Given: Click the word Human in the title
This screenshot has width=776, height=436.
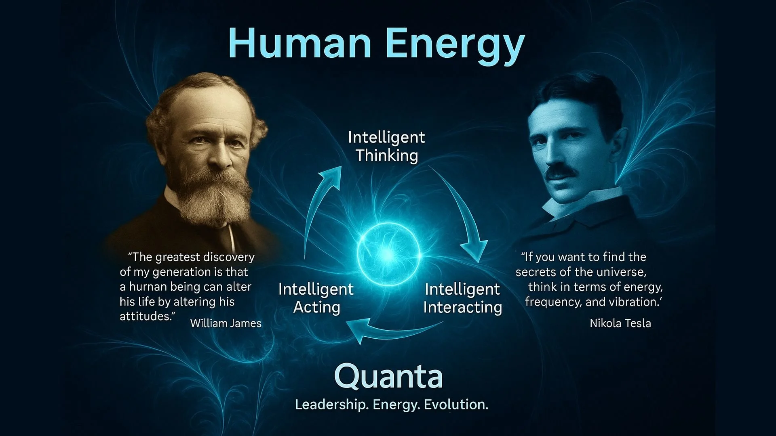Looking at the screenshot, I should [x=299, y=44].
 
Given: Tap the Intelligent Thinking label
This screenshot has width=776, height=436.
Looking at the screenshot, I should [x=386, y=146].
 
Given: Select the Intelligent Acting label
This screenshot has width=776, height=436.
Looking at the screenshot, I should [x=316, y=298].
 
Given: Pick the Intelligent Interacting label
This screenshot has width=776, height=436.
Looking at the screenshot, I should [x=462, y=298].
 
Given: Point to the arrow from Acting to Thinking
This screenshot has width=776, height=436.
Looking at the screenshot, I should [x=319, y=202].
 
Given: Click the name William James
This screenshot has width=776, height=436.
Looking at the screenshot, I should [x=226, y=323].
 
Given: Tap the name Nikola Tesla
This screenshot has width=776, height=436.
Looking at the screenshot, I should [x=620, y=323].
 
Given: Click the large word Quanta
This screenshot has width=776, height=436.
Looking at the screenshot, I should [x=388, y=376].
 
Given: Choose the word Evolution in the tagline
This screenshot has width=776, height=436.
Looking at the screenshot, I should [x=456, y=405].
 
